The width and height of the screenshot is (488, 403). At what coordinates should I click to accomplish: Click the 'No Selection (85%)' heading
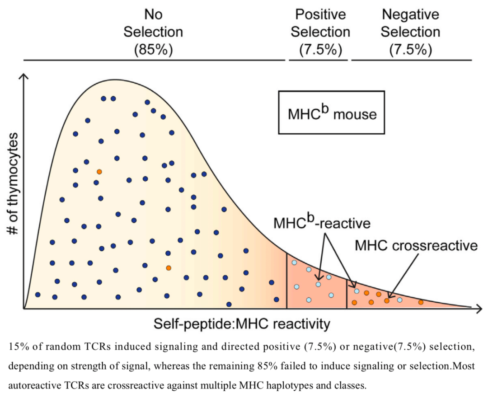pos(153,32)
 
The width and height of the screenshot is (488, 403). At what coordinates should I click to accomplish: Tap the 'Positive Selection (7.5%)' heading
pos(320,32)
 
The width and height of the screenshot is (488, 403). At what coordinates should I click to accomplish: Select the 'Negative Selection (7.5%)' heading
pos(411,32)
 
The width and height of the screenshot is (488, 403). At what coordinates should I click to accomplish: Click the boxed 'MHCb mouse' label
pos(332,112)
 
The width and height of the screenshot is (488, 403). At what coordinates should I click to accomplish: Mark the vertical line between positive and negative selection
pos(347,294)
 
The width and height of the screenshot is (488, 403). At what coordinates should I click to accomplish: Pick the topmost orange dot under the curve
pos(99,172)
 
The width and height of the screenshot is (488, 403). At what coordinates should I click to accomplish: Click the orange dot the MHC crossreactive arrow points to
pos(387,300)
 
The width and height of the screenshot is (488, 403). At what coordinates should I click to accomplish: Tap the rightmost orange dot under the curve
pos(421,302)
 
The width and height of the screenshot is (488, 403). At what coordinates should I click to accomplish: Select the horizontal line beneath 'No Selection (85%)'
pos(154,60)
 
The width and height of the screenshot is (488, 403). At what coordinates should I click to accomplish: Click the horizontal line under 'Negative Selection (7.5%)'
pos(411,60)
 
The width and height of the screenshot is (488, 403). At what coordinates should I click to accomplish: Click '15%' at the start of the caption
pos(17,347)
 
